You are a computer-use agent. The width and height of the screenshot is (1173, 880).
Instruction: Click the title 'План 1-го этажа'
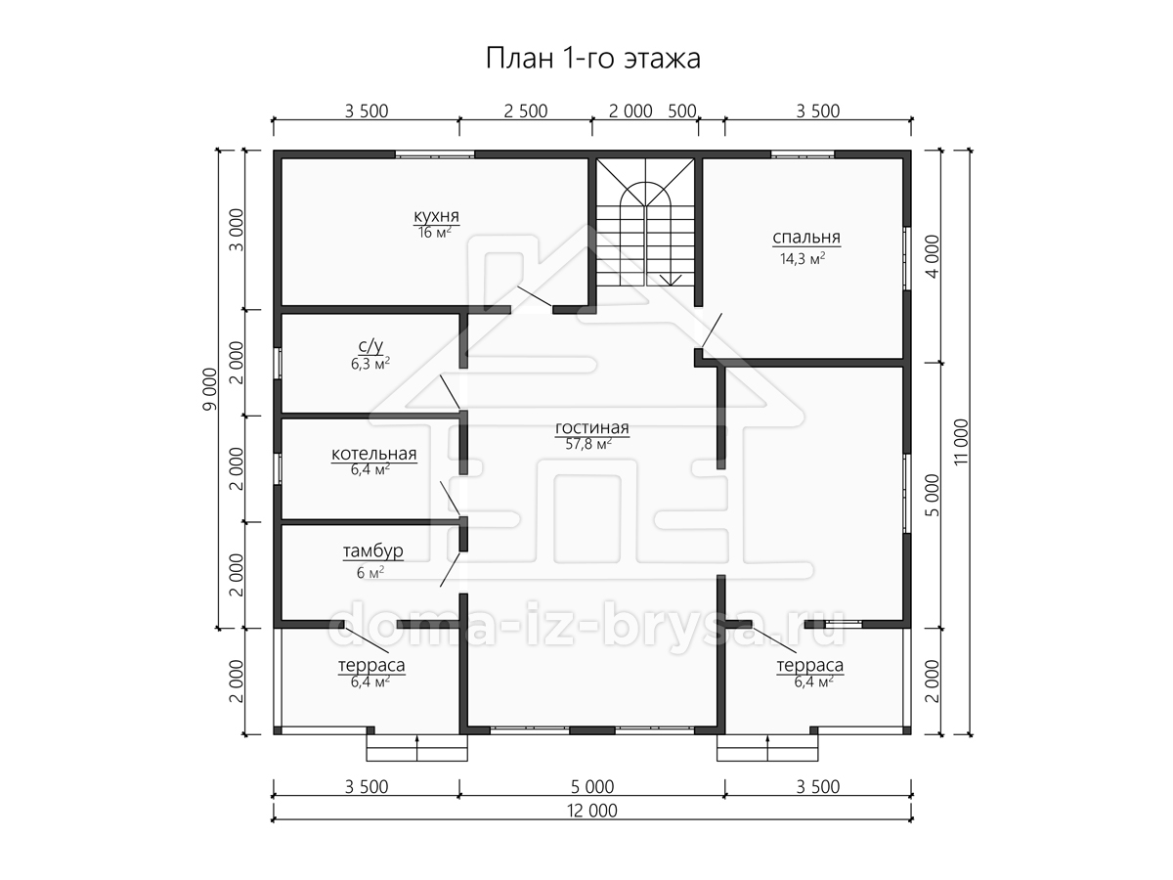[x=592, y=59]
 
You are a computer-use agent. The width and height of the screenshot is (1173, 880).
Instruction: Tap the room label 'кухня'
[x=436, y=216]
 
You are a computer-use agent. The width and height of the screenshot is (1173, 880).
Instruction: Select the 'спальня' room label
[x=806, y=238]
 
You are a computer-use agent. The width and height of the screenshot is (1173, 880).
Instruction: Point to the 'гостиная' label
[x=592, y=427]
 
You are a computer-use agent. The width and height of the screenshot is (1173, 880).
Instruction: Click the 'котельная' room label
[x=373, y=454]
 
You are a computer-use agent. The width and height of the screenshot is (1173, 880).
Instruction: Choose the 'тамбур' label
[x=372, y=550]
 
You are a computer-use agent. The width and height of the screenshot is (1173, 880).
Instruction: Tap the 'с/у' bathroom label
[x=370, y=346]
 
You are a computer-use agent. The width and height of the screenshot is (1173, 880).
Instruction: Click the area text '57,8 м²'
[x=588, y=444]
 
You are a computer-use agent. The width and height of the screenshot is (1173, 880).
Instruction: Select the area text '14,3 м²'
[x=803, y=259]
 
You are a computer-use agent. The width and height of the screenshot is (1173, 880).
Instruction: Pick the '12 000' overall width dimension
[x=592, y=811]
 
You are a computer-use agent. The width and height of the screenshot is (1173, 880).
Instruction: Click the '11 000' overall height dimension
[x=961, y=442]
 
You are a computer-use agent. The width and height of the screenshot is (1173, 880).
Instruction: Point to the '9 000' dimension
[x=210, y=389]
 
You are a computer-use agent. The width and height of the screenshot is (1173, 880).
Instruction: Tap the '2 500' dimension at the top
[x=526, y=111]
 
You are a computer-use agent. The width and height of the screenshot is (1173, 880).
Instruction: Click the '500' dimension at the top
[x=682, y=111]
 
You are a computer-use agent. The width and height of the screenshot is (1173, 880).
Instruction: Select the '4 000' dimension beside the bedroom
[x=932, y=256]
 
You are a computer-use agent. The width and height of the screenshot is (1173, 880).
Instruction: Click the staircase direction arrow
[x=671, y=280]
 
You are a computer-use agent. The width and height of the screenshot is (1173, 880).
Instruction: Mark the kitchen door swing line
[x=535, y=296]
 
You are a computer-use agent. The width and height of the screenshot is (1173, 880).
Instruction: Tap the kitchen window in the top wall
[x=434, y=154]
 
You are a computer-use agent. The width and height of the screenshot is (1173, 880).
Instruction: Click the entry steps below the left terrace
[x=416, y=747]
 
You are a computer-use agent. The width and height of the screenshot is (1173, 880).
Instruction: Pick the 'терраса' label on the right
[x=809, y=665]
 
